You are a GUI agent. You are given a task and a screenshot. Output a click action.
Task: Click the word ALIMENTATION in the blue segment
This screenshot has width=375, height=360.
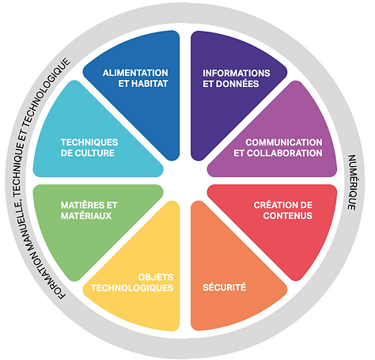[x=135, y=73]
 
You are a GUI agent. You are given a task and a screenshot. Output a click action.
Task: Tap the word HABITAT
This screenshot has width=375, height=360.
[x=150, y=84]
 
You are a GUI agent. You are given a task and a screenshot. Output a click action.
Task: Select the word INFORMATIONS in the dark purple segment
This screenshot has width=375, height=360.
[x=237, y=73]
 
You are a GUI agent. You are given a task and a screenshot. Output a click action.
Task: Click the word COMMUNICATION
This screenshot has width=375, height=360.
[x=284, y=142]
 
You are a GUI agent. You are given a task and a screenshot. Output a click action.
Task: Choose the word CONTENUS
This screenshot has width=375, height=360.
[x=288, y=216]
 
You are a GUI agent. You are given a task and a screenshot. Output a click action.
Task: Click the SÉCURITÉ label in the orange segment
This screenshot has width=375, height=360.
[x=225, y=287]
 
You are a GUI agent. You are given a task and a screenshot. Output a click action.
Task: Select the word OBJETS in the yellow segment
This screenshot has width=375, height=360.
[x=156, y=277]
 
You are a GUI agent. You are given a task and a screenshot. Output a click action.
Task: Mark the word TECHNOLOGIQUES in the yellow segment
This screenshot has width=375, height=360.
[x=132, y=288]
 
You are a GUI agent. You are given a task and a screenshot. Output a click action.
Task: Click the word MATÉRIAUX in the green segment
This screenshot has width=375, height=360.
[x=86, y=216]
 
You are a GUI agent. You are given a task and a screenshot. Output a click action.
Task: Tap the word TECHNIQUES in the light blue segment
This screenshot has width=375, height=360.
[x=89, y=142]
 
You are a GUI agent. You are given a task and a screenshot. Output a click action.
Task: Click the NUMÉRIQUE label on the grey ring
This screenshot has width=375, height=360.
[x=352, y=182]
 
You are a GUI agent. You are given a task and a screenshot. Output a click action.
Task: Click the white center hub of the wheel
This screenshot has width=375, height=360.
[x=185, y=180]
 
